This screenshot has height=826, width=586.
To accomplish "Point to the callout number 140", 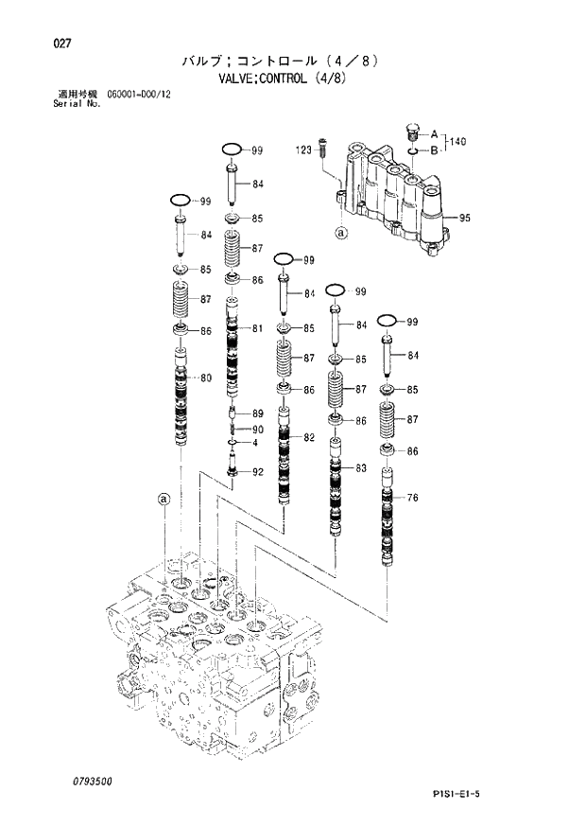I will [x=458, y=142].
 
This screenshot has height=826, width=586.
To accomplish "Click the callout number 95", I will [x=464, y=218].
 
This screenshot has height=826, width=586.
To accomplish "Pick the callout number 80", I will [x=205, y=378].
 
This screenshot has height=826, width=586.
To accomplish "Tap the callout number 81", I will [x=257, y=328].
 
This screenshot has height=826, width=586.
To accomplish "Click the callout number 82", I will [x=308, y=436].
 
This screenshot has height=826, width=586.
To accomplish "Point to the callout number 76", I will [x=411, y=498].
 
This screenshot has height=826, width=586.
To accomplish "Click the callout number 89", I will [x=257, y=413].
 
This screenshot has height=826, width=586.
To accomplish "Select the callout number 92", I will [x=257, y=472].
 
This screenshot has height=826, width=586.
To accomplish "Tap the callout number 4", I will [x=254, y=443].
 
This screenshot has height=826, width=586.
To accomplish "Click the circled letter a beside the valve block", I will [x=164, y=499].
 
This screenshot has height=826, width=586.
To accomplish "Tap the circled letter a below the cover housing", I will [x=341, y=231].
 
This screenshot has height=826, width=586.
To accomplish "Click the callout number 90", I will [x=257, y=430].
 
